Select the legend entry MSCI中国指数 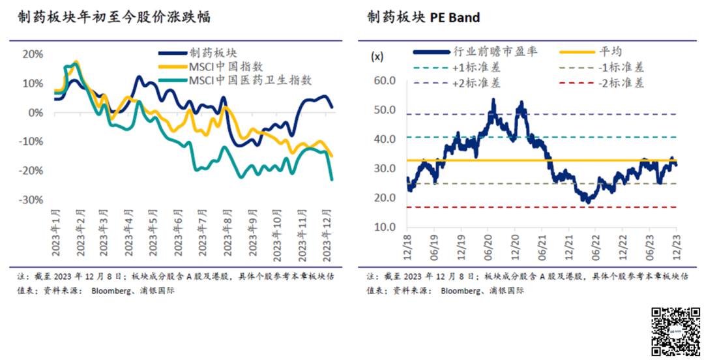(x=226, y=66)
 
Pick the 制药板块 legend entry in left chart (x=213, y=52)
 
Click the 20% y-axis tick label (x=33, y=54)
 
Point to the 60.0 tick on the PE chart (x=384, y=81)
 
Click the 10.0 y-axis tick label (x=384, y=227)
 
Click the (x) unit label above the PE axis (x=377, y=56)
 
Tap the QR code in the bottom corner (x=675, y=331)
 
